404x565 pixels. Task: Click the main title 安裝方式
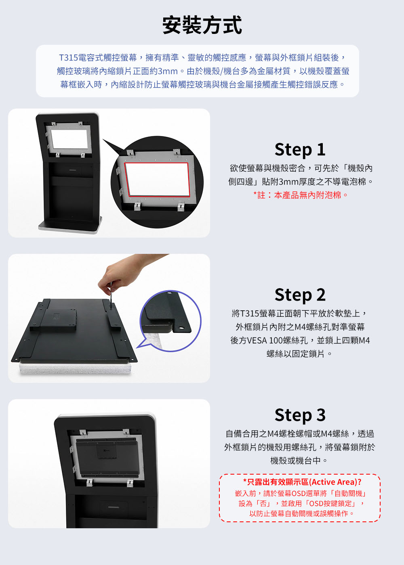202,25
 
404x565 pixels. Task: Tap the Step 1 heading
300,150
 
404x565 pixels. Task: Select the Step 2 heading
300,295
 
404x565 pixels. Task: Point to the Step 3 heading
300,415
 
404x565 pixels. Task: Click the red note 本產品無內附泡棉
307,195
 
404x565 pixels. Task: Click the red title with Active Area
302,482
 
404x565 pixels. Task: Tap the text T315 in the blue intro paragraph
68,58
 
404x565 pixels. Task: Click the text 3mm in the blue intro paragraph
167,71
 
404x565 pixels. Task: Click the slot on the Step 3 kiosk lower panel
114,507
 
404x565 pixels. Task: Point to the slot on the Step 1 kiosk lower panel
74,170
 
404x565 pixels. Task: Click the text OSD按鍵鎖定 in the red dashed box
330,504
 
